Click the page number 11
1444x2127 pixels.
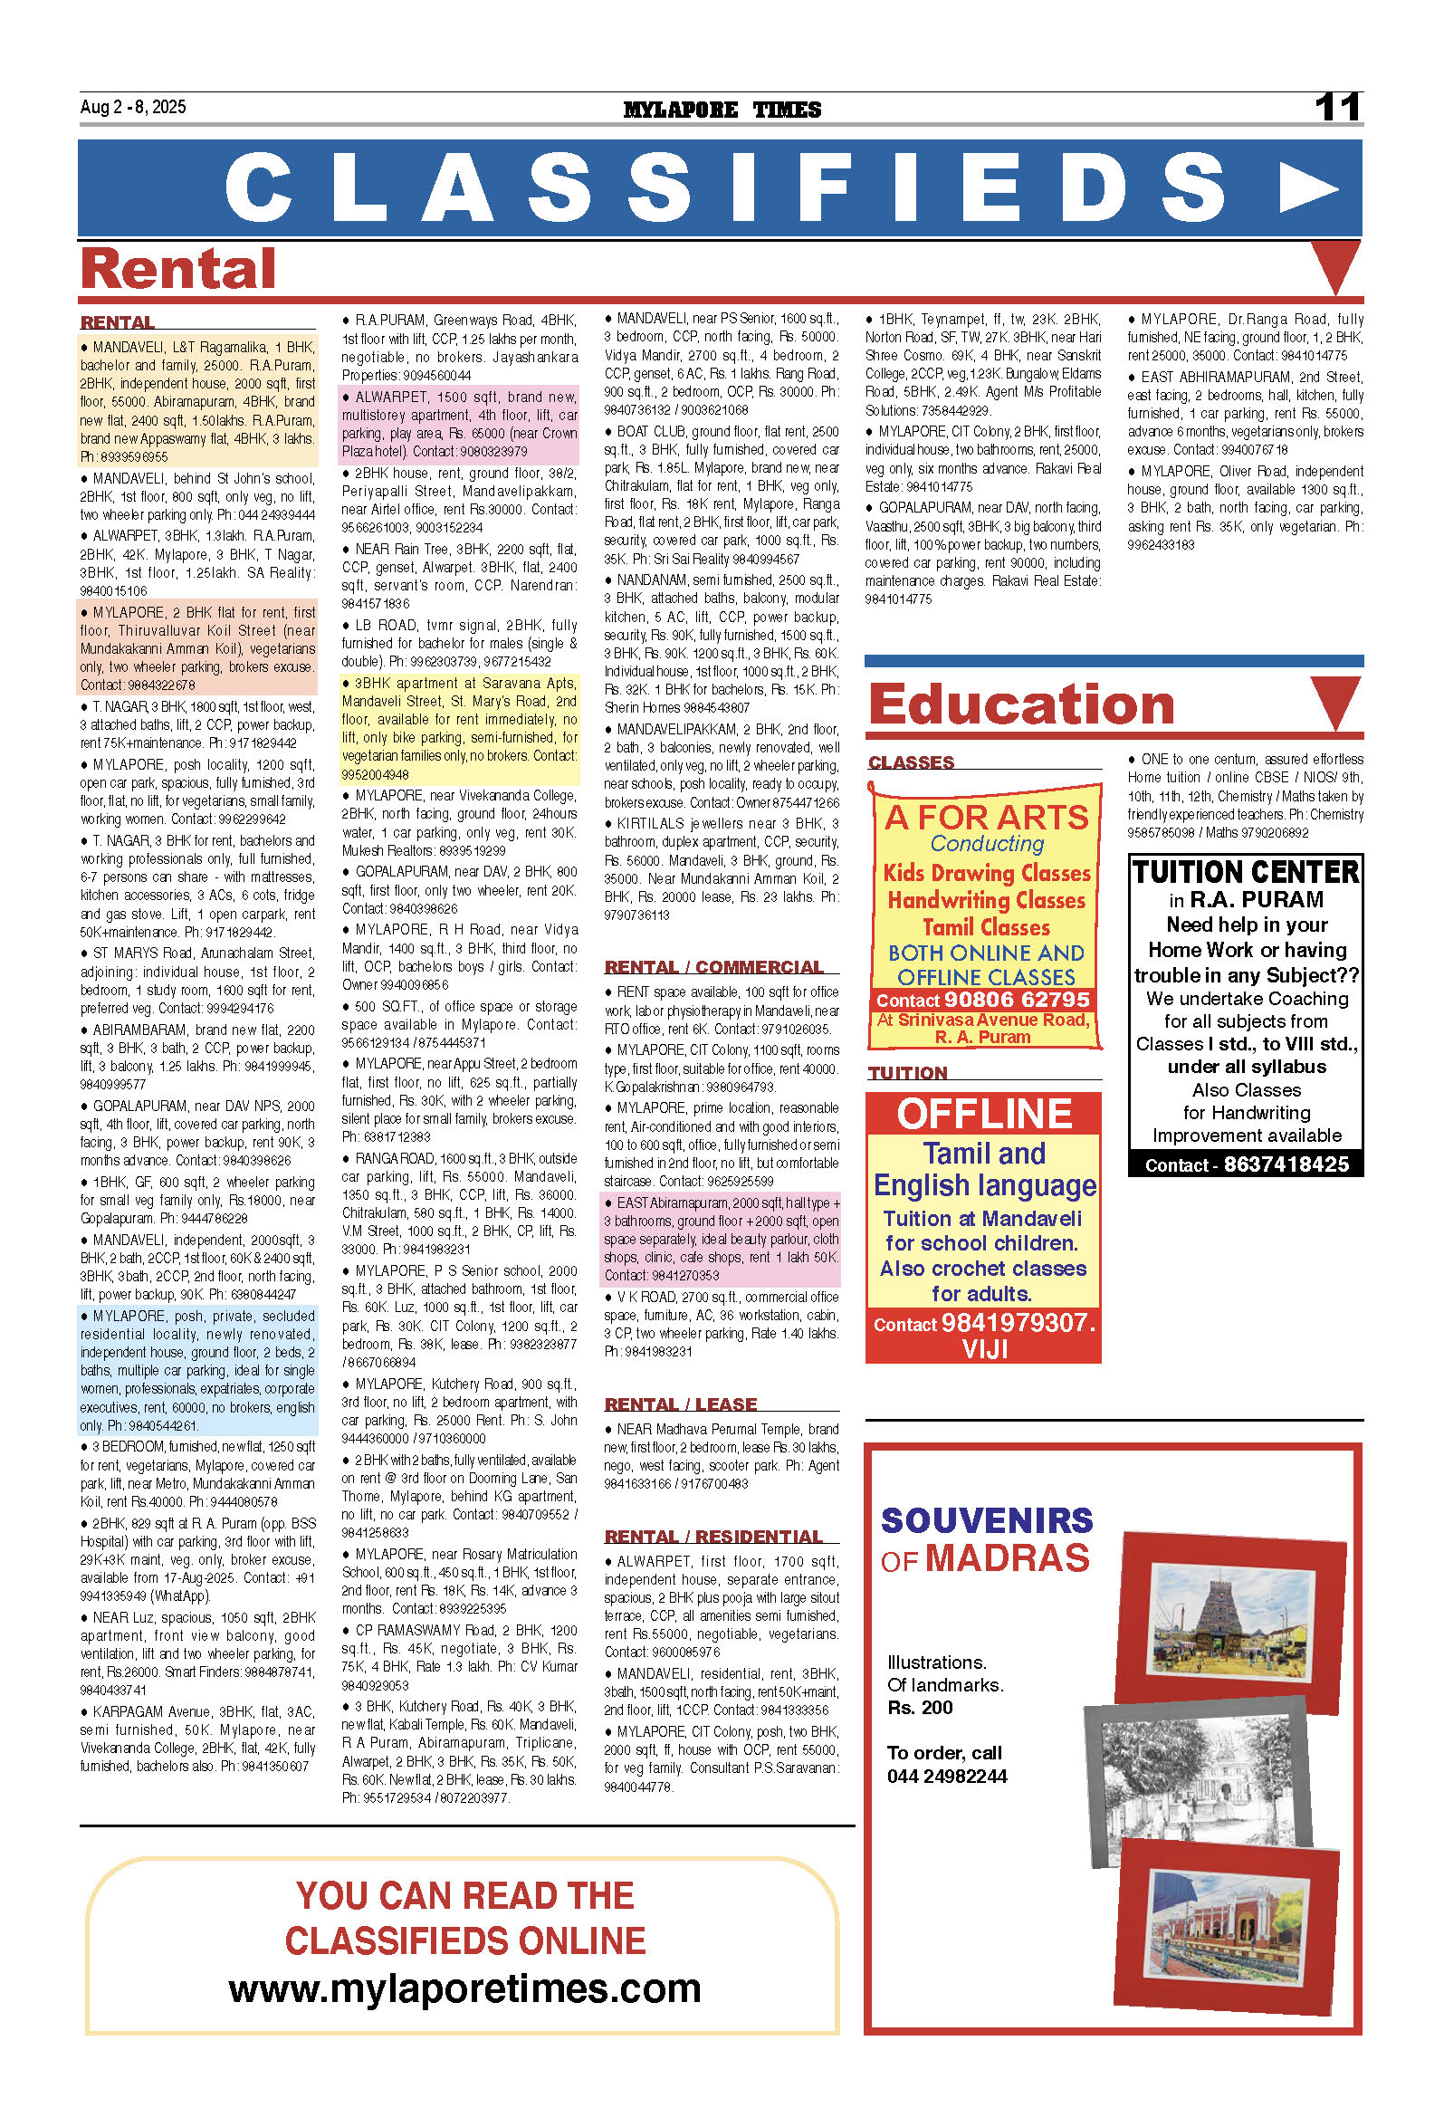[1337, 108]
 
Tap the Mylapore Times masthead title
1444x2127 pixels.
[722, 110]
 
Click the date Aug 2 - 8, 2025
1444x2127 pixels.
[133, 107]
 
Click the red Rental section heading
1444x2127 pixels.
[178, 269]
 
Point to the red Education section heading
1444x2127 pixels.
[1021, 704]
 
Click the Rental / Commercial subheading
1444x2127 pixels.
[713, 967]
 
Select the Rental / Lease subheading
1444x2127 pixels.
[681, 1404]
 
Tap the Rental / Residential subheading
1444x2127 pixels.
[713, 1537]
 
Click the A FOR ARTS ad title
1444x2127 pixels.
[986, 817]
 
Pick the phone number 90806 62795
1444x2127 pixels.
[1017, 1000]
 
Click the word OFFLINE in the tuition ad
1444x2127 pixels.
[984, 1114]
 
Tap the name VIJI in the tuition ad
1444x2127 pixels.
[985, 1348]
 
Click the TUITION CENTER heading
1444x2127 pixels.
[1246, 871]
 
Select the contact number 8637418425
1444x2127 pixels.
[1286, 1164]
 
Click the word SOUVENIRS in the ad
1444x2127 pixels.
[987, 1520]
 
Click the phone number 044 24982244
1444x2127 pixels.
[946, 1776]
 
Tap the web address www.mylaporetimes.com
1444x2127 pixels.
[464, 1988]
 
